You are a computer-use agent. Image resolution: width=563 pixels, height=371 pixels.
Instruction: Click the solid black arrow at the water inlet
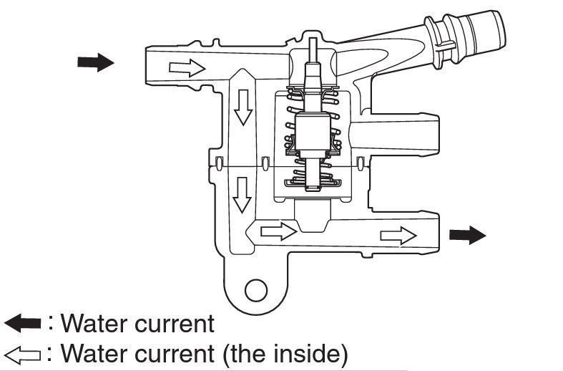pos(96,62)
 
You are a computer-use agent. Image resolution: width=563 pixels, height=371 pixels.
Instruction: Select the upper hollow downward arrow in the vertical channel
pos(245,107)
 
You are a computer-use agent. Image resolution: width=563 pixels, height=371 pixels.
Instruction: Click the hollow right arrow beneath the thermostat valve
pos(278,231)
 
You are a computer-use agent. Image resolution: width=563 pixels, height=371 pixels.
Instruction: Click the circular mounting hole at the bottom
pos(255,289)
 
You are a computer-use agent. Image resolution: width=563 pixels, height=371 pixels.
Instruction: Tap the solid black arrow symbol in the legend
pos(23,323)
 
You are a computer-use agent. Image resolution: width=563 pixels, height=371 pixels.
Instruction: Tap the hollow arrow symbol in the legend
pos(23,353)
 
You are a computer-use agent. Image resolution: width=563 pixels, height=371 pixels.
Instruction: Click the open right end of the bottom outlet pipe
pos(436,234)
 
